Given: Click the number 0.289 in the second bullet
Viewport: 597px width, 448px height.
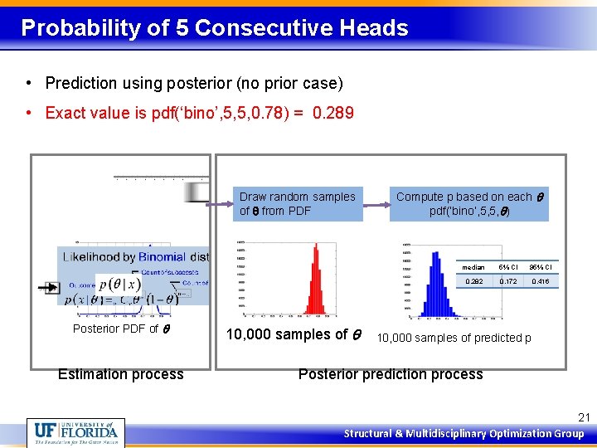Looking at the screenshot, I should [x=333, y=113].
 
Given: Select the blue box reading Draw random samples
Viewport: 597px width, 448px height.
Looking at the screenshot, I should [x=297, y=204].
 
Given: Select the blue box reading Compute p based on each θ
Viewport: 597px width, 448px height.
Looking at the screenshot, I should [x=469, y=204].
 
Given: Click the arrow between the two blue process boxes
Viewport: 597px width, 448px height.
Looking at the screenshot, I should [x=376, y=204].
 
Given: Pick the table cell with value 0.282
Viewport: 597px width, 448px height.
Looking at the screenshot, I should [x=473, y=281].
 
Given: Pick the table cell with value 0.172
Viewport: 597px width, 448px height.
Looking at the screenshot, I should [x=508, y=281].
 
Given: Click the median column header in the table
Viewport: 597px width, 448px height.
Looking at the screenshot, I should [x=473, y=267].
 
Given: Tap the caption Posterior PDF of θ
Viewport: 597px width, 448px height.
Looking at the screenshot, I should [x=121, y=329].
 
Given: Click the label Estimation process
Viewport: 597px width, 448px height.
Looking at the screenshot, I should [x=121, y=374].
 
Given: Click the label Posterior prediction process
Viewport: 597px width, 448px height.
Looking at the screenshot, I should [x=391, y=374].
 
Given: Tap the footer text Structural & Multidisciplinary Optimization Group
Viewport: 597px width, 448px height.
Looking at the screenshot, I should [x=465, y=433].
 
